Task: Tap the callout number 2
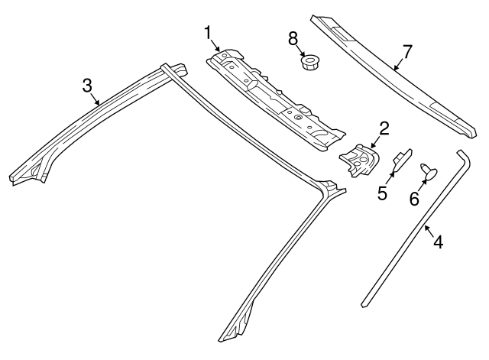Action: [384, 128]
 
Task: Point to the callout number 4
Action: [438, 242]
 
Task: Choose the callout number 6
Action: [414, 199]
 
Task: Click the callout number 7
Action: [406, 51]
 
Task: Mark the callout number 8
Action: [293, 37]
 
